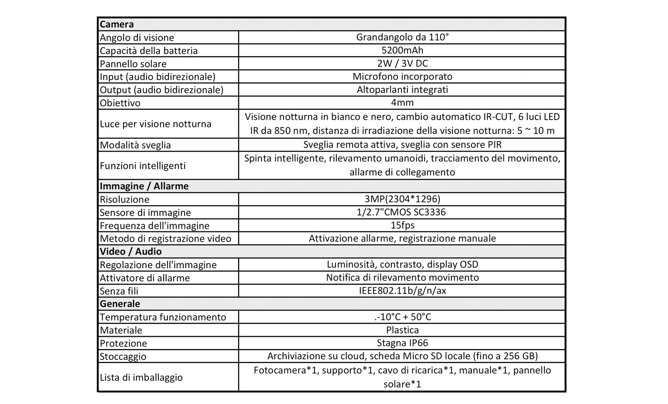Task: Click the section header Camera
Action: tap(117, 24)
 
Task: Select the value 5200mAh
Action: tap(402, 51)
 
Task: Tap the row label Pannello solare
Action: tap(133, 64)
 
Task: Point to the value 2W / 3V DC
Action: tap(402, 63)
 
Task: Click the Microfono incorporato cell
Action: tap(402, 76)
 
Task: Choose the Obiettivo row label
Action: tap(120, 103)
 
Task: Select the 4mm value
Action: tap(402, 103)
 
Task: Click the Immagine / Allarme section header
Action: tap(144, 186)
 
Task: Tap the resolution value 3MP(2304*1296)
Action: tap(402, 199)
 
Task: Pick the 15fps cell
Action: tap(402, 226)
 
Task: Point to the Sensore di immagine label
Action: tap(146, 213)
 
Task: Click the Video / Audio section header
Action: tap(131, 251)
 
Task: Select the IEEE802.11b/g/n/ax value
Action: tap(402, 291)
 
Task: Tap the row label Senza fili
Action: tap(119, 291)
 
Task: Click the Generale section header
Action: tap(120, 304)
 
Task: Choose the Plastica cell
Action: tap(402, 330)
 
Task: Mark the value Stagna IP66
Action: tap(402, 343)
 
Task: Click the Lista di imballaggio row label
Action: tap(141, 377)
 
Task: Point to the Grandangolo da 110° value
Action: tap(402, 37)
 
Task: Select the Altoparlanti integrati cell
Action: tap(402, 90)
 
